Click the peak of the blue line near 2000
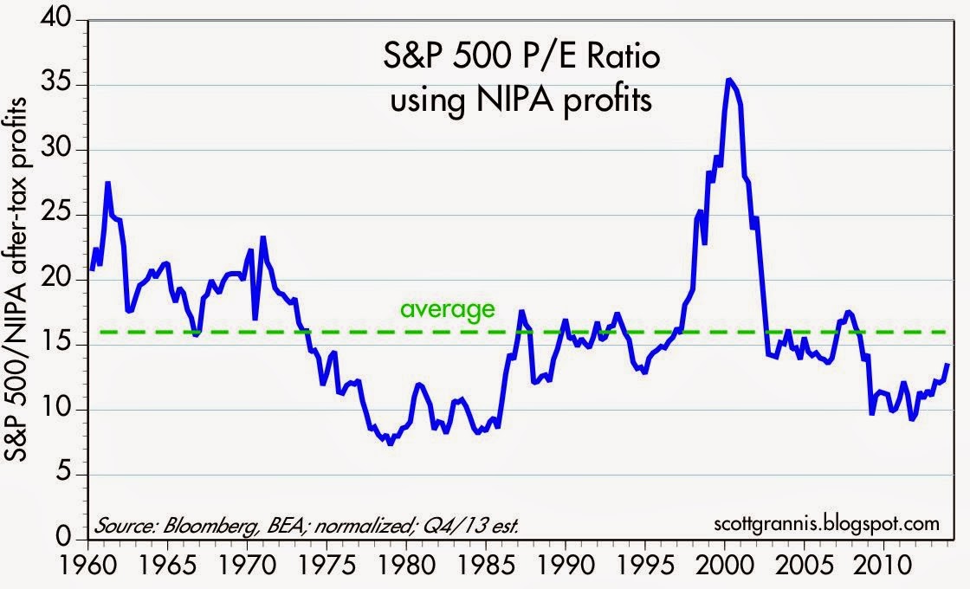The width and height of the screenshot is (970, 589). pos(729,80)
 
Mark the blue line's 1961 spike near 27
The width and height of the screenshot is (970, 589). pos(107,183)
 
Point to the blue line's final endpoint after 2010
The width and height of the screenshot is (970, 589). pos(947,365)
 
